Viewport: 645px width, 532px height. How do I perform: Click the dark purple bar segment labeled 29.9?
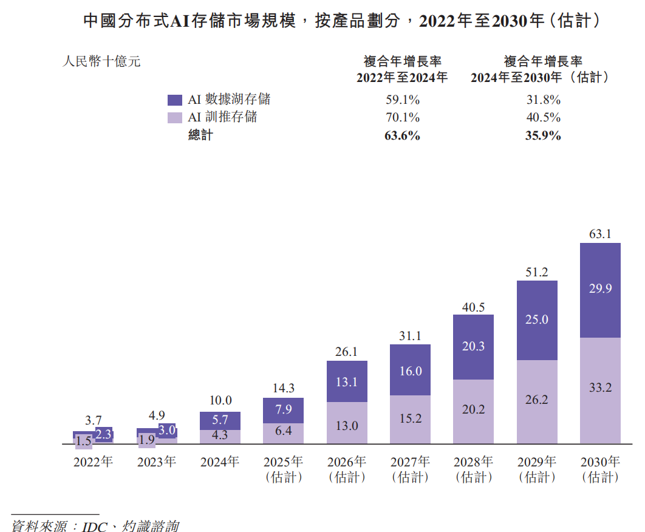tap(600, 290)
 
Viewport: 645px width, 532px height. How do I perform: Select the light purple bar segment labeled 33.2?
tap(600, 387)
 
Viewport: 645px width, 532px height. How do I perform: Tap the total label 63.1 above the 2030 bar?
tap(600, 233)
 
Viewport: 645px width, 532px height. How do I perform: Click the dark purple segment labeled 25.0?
tap(537, 319)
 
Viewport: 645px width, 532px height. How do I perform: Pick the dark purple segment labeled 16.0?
tap(411, 370)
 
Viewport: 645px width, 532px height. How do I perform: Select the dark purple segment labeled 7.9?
tap(284, 410)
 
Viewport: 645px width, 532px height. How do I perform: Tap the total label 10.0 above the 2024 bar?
tap(220, 400)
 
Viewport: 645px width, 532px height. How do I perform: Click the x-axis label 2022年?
tap(93, 462)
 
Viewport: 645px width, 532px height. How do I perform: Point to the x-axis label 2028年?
tap(474, 462)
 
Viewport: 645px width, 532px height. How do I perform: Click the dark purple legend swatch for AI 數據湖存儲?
tap(175, 100)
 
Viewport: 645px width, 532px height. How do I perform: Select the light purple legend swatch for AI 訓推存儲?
tap(175, 118)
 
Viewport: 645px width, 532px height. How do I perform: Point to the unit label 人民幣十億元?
tap(101, 61)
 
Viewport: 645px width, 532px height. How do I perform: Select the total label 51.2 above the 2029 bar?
tap(537, 272)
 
